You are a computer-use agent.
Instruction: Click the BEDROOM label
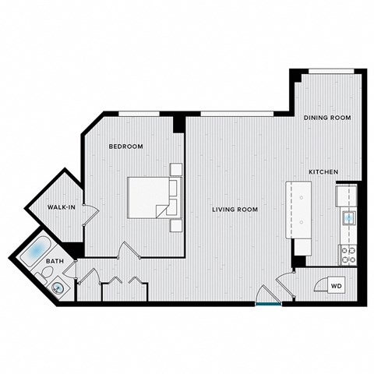pos(125,146)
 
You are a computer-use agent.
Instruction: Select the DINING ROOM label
pos(326,118)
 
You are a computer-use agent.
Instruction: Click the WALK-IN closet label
pos(61,208)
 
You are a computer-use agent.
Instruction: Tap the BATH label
pos(55,262)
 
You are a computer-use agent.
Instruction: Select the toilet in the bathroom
pos(46,273)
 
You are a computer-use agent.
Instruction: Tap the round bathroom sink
pos(58,288)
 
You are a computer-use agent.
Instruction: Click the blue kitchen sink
pos(348,217)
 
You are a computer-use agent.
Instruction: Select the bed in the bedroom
pos(150,198)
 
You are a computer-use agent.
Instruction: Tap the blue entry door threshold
pos(268,303)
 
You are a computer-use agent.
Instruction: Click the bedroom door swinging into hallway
pos(126,251)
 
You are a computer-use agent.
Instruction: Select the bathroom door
pos(71,270)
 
